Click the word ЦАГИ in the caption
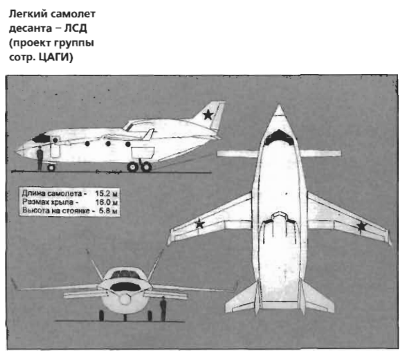(55, 57)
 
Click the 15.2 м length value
(106, 194)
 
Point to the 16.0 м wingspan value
(107, 202)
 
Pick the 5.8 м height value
(108, 210)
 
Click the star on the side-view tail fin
(208, 114)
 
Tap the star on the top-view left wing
(199, 224)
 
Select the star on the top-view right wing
(361, 226)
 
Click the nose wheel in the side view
(51, 168)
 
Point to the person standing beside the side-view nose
(39, 159)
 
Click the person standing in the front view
(163, 309)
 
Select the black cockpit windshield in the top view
(279, 138)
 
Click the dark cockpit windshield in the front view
(125, 287)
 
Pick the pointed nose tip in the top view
(279, 105)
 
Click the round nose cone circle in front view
(125, 300)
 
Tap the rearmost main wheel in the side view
(146, 167)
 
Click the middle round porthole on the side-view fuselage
(108, 143)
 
